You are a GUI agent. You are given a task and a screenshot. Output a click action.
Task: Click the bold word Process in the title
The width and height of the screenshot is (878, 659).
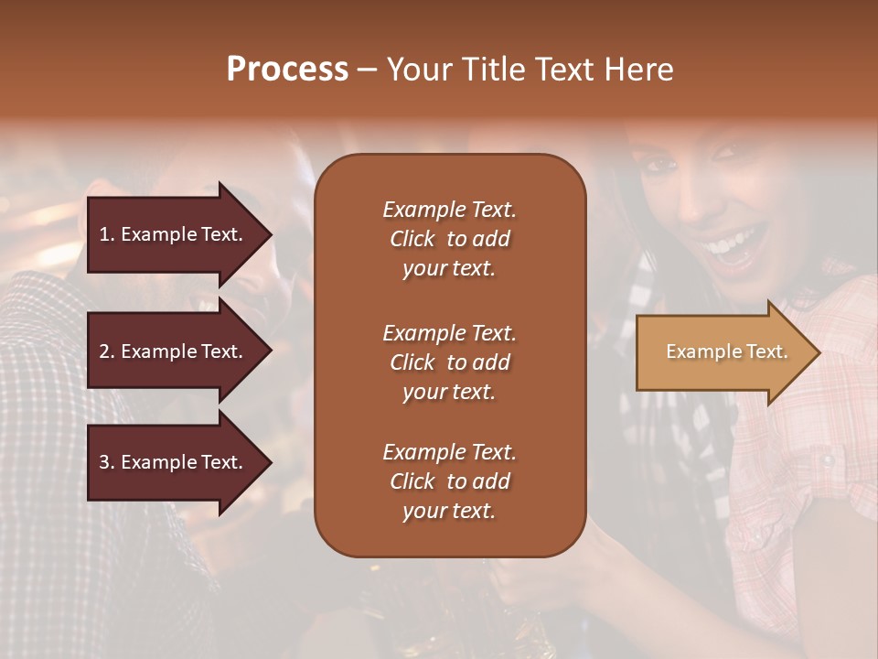[x=287, y=70]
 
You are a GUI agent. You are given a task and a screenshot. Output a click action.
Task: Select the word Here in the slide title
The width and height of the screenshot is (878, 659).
[x=640, y=70]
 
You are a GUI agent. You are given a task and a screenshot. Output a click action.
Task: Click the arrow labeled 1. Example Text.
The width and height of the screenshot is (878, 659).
[x=174, y=234]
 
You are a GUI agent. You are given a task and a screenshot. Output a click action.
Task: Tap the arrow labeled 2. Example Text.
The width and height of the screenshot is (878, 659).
[x=174, y=351]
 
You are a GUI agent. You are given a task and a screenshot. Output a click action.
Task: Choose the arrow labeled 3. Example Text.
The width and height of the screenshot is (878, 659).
[x=174, y=462]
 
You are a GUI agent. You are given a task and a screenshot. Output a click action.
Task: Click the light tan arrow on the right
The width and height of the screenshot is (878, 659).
[x=723, y=352]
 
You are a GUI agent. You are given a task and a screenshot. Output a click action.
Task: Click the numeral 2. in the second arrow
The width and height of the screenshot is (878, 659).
[x=106, y=351]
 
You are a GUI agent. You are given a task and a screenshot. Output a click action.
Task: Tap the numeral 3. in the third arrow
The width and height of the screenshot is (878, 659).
[x=106, y=462]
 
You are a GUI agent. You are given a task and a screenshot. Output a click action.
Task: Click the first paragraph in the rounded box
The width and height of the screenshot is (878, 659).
[x=449, y=239]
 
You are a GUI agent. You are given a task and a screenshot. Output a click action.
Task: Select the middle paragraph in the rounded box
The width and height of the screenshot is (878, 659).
[x=449, y=362]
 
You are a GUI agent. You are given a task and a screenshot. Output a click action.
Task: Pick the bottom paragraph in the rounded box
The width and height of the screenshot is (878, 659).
[x=449, y=481]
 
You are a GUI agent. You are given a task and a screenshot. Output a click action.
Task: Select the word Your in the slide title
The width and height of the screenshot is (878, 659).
[x=419, y=70]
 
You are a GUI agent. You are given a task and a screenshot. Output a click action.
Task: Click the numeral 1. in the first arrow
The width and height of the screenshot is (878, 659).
[x=106, y=234]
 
